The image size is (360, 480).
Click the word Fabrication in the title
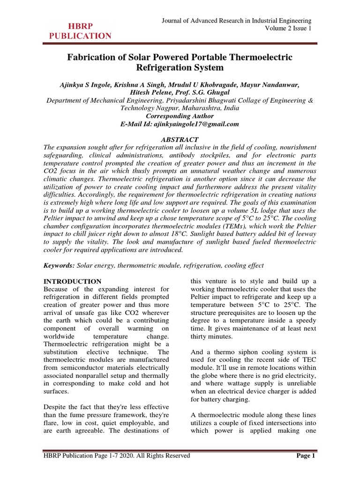94,57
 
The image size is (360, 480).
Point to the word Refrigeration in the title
180,68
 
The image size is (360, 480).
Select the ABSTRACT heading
180,140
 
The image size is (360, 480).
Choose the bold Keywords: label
59,265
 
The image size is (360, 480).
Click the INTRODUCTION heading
72,282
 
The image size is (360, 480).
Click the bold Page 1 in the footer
307,456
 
